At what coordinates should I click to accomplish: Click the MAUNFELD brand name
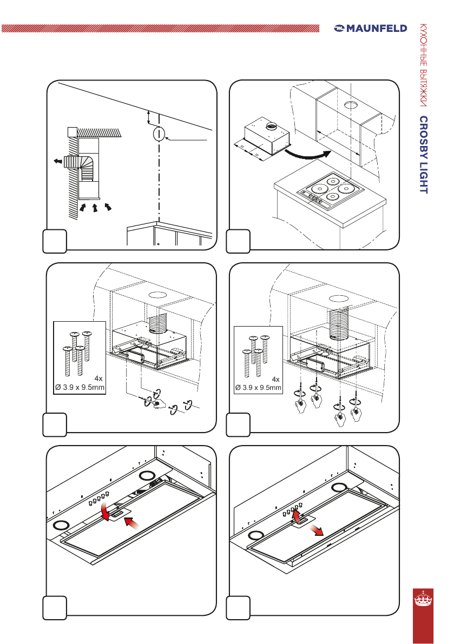click(377, 28)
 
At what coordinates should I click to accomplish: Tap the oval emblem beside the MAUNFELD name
click(340, 28)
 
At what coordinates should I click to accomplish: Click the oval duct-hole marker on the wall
click(158, 133)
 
